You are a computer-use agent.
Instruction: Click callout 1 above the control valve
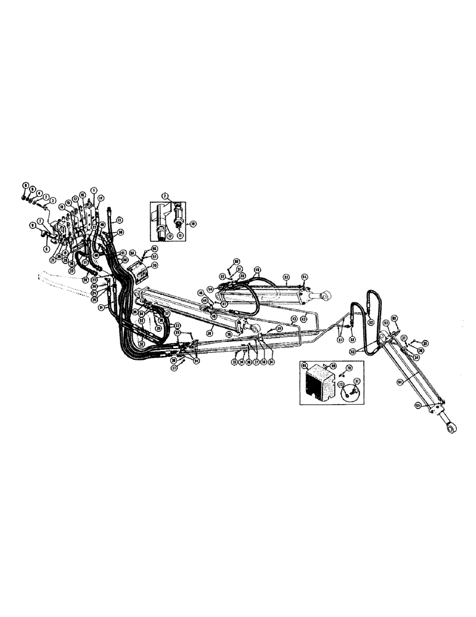[x=94, y=189]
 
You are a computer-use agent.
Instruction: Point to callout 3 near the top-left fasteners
[x=53, y=200]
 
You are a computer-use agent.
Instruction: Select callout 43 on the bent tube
[x=295, y=318]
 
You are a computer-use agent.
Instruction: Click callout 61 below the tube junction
[x=343, y=339]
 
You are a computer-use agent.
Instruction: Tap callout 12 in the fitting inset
[x=169, y=236]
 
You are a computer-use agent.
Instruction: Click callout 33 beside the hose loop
[x=178, y=325]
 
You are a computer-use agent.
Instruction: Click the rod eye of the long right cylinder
[x=452, y=428]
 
